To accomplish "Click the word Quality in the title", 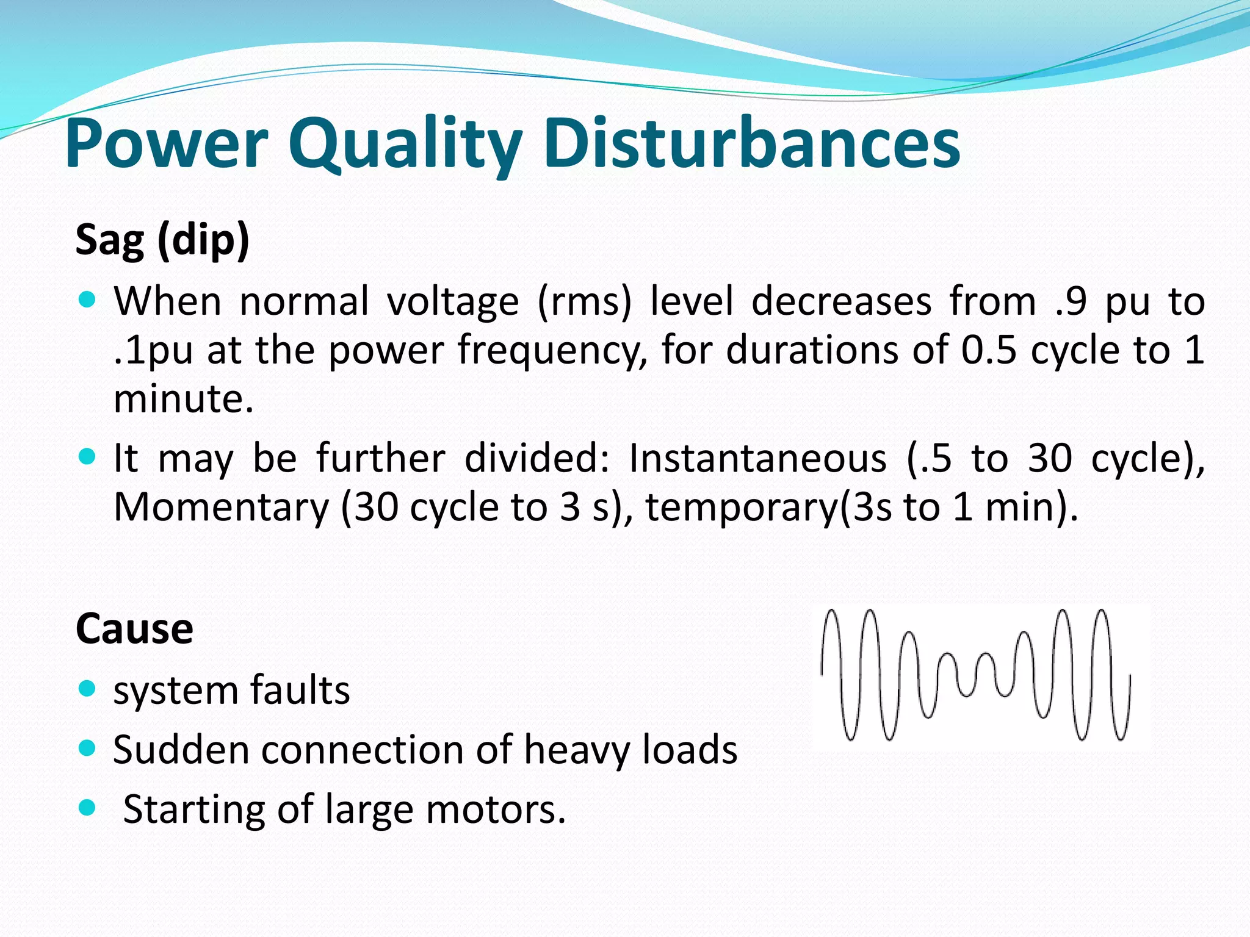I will pyautogui.click(x=405, y=145).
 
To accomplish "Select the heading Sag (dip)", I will pyautogui.click(x=162, y=240).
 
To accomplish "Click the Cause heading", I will pyautogui.click(x=134, y=629).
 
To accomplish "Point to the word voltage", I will pyautogui.click(x=452, y=302).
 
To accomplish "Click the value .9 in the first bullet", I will pyautogui.click(x=1071, y=302).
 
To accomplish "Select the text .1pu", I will pyautogui.click(x=153, y=351).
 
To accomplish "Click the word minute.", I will pyautogui.click(x=183, y=400).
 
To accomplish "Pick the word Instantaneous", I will pyautogui.click(x=757, y=458).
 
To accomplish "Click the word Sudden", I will pyautogui.click(x=181, y=750).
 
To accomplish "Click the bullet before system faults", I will pyautogui.click(x=88, y=689).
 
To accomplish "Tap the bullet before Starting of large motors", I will pyautogui.click(x=88, y=808).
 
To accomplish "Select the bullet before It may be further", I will pyautogui.click(x=88, y=457).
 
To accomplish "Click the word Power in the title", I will pyautogui.click(x=167, y=145).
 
